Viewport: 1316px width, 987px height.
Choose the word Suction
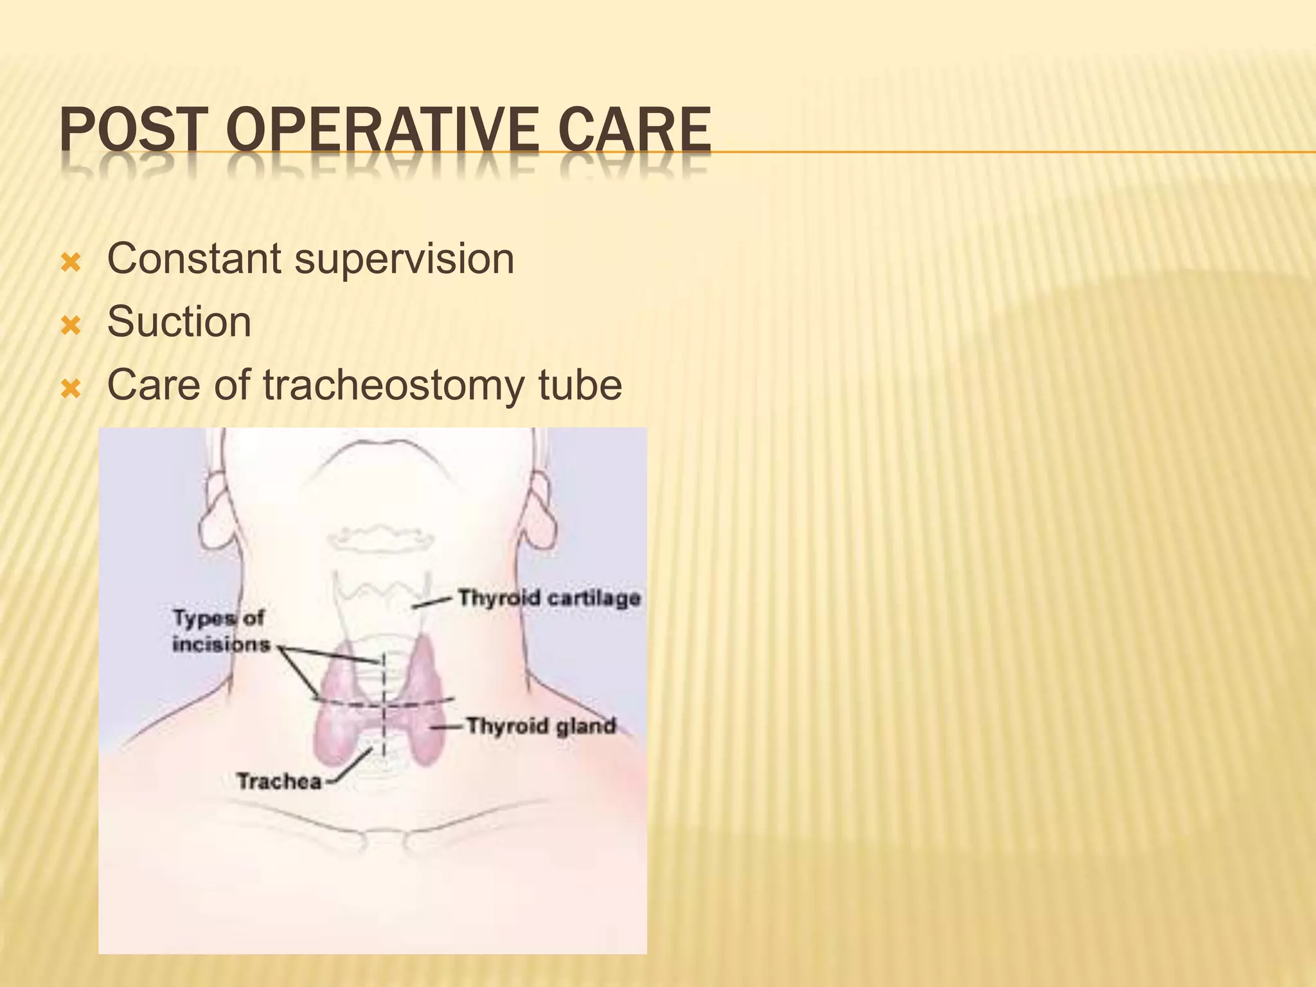(179, 321)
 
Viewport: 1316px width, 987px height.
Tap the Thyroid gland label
(541, 726)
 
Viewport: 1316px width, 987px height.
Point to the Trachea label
(279, 781)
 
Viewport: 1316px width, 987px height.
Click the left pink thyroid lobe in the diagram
(338, 713)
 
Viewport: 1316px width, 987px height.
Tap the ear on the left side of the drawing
(213, 514)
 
